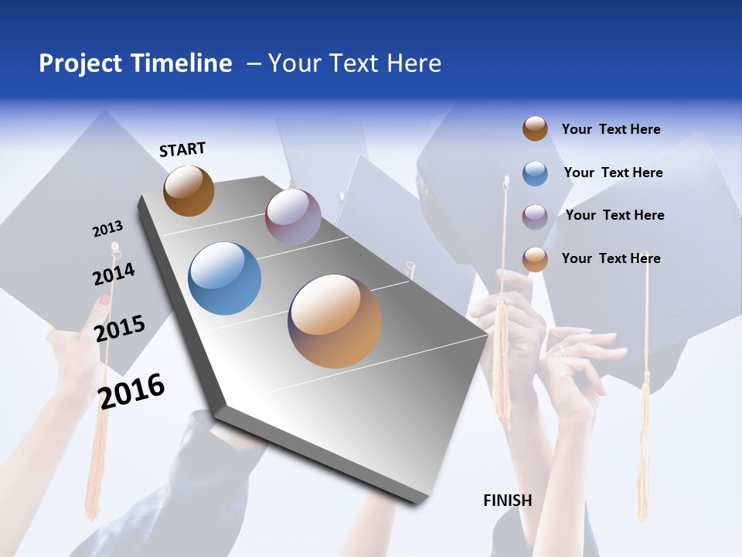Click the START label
pos(182,149)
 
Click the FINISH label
pos(507,501)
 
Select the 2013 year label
pos(107,229)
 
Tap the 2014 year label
pos(114,274)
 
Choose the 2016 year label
pos(131,391)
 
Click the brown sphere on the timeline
pos(189,190)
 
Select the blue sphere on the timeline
pos(225,278)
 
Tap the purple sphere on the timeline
pos(293,216)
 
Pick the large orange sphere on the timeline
pos(335,320)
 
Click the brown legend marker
pos(535,129)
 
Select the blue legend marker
pos(535,173)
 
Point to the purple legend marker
pos(535,216)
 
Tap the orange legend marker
pos(535,259)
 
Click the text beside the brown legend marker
pos(611,129)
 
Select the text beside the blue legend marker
pos(613,173)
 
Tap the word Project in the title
pos(81,63)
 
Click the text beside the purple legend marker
pos(614,215)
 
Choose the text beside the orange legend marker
pos(611,258)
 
